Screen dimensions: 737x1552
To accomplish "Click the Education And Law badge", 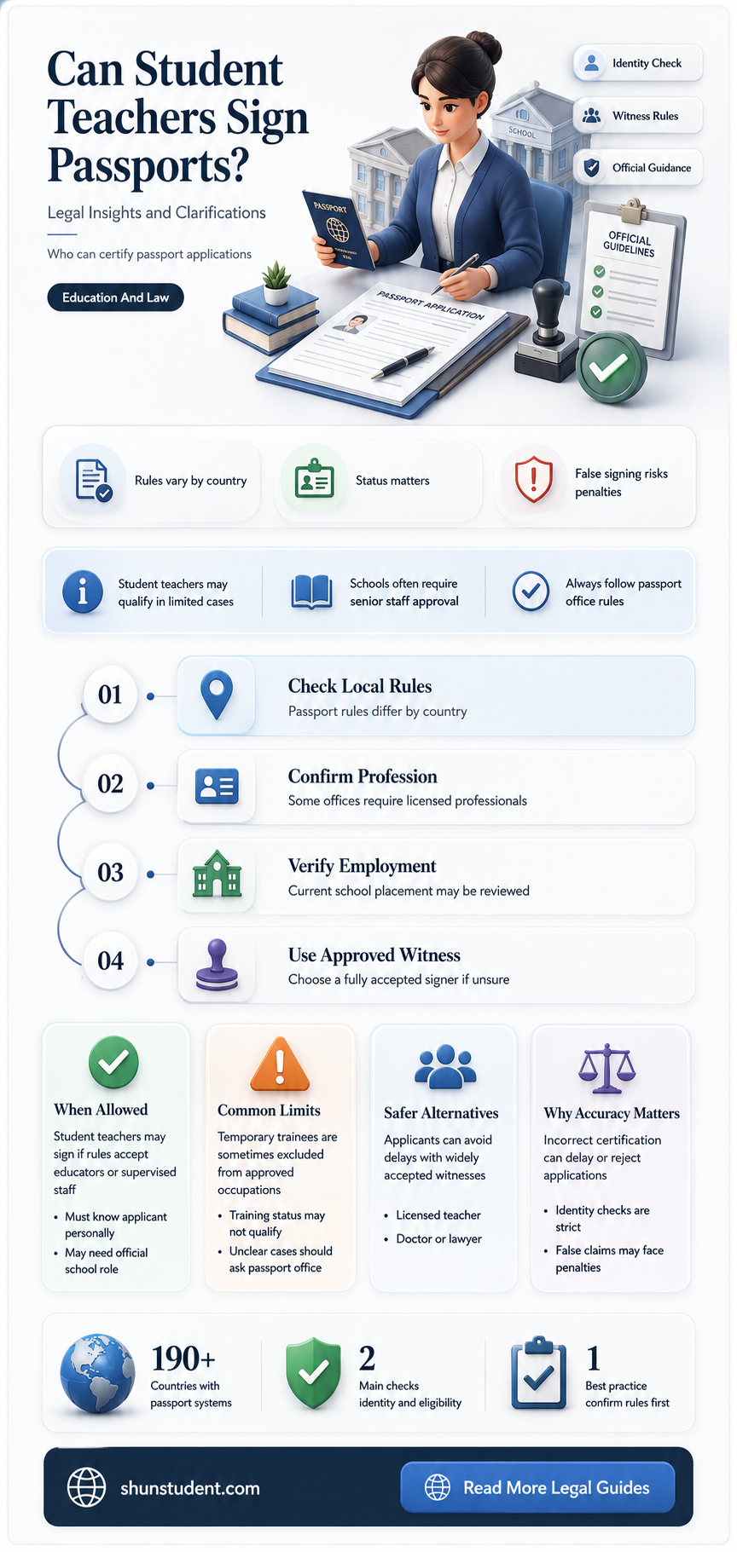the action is (x=115, y=297).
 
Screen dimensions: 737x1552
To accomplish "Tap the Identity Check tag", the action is (x=638, y=63).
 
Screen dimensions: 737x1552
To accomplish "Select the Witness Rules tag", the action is (x=638, y=116).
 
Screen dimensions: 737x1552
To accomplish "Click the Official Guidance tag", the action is (x=638, y=168).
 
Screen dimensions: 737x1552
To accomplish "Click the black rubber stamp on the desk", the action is (x=546, y=332).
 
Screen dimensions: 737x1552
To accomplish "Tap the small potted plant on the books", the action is (x=276, y=284).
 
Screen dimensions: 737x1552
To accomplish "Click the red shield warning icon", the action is (x=534, y=480).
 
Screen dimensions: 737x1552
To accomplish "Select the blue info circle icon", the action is (x=83, y=591).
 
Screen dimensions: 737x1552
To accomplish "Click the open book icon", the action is (x=311, y=591).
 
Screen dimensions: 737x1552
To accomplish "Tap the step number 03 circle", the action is (x=110, y=873).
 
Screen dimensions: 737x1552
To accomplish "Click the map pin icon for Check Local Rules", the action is (x=216, y=695).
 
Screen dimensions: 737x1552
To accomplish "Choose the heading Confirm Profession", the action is (x=363, y=776).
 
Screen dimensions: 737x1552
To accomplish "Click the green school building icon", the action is (x=217, y=874).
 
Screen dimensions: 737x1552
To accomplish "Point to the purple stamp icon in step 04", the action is (x=217, y=964).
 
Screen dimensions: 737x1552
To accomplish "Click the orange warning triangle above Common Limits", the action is (x=279, y=1064).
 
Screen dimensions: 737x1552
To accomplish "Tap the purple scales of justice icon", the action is (x=606, y=1069).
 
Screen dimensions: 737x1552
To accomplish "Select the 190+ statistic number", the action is (x=183, y=1359).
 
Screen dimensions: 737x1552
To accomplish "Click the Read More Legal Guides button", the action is (x=537, y=1487).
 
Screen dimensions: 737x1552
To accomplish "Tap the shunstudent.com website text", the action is (x=190, y=1488).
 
